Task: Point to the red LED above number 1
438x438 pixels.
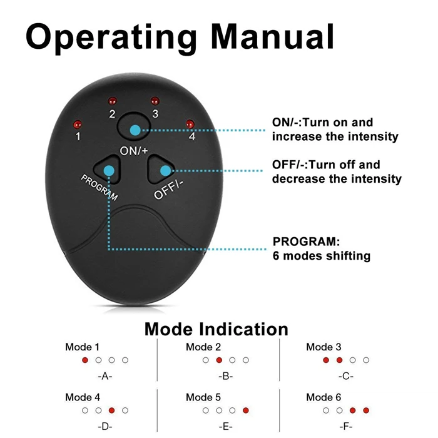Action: (77, 123)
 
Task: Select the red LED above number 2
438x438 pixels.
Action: (112, 101)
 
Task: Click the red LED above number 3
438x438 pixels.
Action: (154, 101)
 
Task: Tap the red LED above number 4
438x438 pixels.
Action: (190, 123)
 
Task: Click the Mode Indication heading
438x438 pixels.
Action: (216, 329)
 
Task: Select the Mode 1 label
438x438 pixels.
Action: (82, 347)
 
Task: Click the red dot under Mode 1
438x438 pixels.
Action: (85, 360)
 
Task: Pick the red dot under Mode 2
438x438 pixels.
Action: (219, 360)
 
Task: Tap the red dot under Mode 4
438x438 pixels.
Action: (111, 410)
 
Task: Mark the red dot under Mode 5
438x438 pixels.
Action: (245, 410)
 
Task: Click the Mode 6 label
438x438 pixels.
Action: (323, 397)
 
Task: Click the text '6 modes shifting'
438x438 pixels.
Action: (322, 256)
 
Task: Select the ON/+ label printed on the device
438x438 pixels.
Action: (134, 151)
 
